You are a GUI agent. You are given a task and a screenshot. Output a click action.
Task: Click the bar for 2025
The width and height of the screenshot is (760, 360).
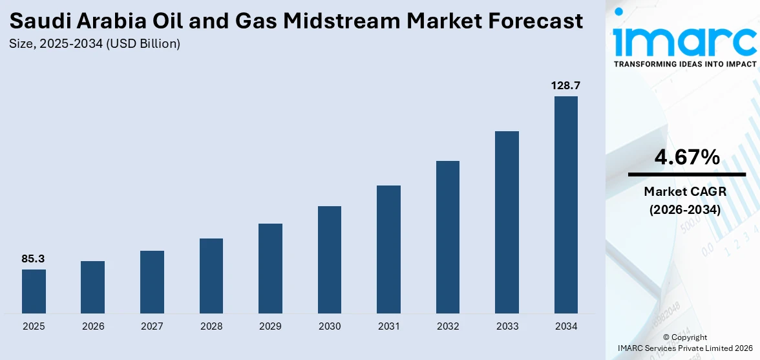click(x=34, y=291)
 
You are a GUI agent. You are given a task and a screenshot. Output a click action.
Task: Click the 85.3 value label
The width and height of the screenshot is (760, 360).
click(x=34, y=259)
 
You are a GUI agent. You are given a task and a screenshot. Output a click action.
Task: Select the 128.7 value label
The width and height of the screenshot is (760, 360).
click(x=566, y=85)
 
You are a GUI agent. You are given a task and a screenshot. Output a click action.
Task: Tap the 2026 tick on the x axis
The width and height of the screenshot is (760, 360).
click(x=93, y=326)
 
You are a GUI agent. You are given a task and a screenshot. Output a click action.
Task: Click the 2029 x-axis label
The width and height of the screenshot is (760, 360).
click(x=270, y=326)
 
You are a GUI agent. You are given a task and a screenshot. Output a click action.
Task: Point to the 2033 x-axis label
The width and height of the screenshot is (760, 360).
click(x=507, y=326)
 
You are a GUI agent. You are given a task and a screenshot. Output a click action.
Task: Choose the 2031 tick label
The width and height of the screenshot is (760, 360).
click(x=388, y=326)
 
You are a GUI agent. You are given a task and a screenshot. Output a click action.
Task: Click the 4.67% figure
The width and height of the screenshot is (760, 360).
click(x=687, y=157)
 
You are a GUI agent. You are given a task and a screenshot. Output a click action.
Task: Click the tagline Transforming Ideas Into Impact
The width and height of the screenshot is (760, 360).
click(x=684, y=64)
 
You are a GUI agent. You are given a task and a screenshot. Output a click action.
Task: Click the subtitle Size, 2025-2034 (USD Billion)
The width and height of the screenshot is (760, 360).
click(x=95, y=44)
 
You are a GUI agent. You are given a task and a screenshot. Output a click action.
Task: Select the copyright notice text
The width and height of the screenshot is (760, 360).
click(x=685, y=343)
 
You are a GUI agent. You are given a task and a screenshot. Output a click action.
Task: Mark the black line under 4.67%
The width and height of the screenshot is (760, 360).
click(x=687, y=175)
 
